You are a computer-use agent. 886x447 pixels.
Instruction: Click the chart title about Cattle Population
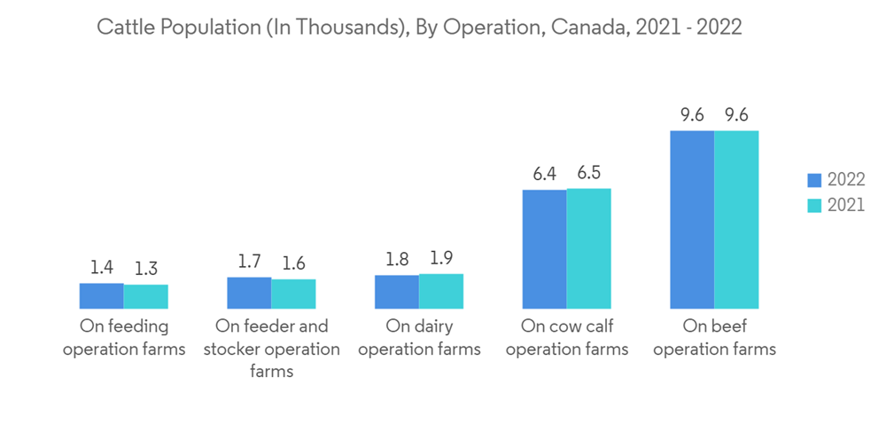click(419, 27)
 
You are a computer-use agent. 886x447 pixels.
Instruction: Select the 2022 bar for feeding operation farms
click(102, 295)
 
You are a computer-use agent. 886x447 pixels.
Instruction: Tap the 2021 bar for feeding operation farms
click(146, 296)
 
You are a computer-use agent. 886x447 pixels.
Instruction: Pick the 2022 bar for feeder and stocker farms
click(249, 293)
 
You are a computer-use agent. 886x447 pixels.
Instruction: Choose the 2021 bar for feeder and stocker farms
click(293, 294)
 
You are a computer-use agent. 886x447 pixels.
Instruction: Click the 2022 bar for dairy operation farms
click(397, 292)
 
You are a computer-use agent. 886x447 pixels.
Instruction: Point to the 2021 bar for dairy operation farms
click(441, 291)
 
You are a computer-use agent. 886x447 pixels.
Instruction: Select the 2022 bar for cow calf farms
click(544, 248)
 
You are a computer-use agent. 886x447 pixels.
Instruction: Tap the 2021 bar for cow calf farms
click(588, 247)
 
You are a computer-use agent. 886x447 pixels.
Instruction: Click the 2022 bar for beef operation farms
click(692, 219)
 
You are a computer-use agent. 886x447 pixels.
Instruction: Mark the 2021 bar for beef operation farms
click(736, 219)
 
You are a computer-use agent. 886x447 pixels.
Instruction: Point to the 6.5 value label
click(589, 173)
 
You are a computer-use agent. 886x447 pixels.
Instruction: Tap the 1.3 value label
click(146, 269)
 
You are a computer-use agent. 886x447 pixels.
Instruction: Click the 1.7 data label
click(249, 262)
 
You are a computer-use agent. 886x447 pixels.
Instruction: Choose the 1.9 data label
click(441, 258)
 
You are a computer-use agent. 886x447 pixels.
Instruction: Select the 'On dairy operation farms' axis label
click(419, 338)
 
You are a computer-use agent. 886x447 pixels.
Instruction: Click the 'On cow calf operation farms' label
click(567, 338)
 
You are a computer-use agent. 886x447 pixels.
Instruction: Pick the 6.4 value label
click(544, 174)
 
